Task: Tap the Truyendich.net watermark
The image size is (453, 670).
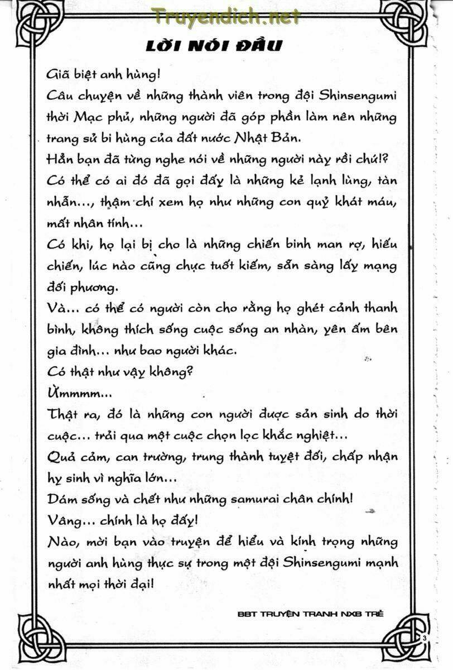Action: tap(225, 17)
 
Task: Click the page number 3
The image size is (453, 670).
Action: tap(425, 638)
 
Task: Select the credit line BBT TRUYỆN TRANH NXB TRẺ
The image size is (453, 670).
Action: tap(311, 613)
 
